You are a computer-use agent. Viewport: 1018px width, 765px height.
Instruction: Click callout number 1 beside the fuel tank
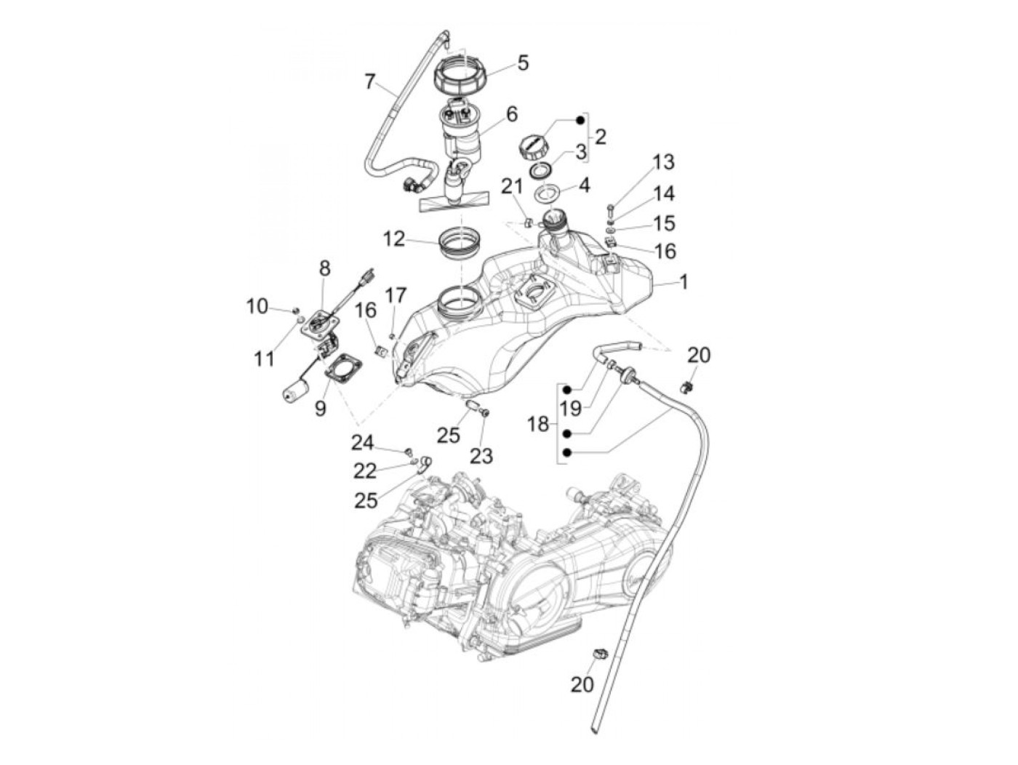coord(683,281)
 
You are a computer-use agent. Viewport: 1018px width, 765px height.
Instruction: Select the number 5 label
coord(522,63)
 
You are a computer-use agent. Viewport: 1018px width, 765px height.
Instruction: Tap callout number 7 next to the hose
coord(370,81)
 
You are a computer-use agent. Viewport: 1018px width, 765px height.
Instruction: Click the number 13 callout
coord(663,161)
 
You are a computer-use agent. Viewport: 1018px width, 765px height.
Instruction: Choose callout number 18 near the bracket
coord(538,423)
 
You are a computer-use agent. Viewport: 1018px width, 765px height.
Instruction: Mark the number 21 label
coord(511,187)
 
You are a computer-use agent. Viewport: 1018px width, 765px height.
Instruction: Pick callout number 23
coord(481,455)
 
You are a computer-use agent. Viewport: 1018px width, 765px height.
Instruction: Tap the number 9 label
coord(321,409)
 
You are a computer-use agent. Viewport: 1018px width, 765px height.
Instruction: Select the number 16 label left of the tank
coord(366,311)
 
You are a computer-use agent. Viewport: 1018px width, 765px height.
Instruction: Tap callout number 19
coord(571,408)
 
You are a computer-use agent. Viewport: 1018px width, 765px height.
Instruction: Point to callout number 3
coord(580,152)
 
